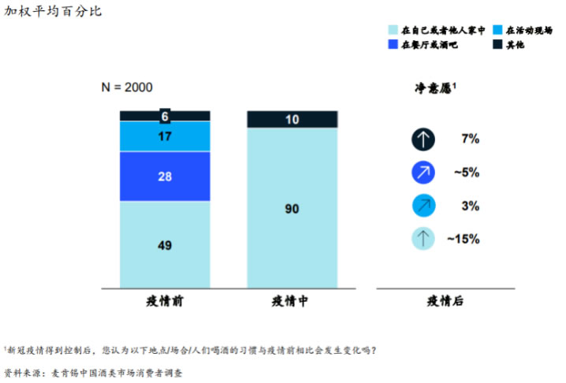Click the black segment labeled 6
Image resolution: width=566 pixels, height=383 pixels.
[x=165, y=116]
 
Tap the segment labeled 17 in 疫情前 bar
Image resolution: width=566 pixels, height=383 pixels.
[x=165, y=136]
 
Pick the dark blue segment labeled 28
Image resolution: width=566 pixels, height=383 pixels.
[x=165, y=177]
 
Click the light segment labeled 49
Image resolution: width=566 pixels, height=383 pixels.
[x=165, y=245]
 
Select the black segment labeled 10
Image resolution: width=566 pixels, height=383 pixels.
[x=292, y=119]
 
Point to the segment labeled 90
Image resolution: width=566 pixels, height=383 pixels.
[x=292, y=208]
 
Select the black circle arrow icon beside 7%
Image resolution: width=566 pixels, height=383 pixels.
[x=423, y=139]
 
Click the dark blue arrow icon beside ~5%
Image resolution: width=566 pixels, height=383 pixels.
[x=423, y=173]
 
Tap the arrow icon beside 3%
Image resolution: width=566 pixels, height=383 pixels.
[x=423, y=205]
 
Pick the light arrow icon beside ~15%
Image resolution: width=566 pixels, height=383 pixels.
[x=423, y=238]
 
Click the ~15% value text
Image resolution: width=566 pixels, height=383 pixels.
[x=463, y=238]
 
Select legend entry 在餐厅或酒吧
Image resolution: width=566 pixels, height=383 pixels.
[x=428, y=45]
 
